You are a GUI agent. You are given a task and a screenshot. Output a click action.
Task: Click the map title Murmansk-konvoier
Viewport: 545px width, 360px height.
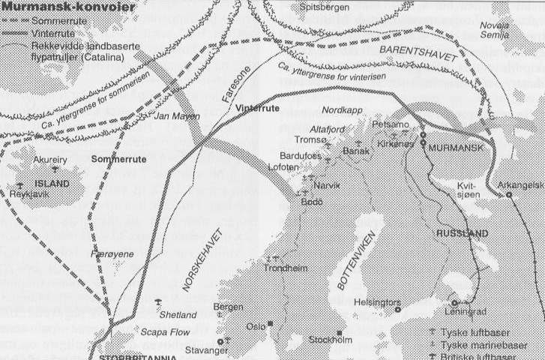click(x=68, y=7)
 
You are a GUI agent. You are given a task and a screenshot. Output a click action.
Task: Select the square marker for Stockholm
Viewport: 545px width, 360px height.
click(x=339, y=333)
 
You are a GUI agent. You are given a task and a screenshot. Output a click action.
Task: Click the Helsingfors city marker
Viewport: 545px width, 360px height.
click(x=397, y=308)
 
